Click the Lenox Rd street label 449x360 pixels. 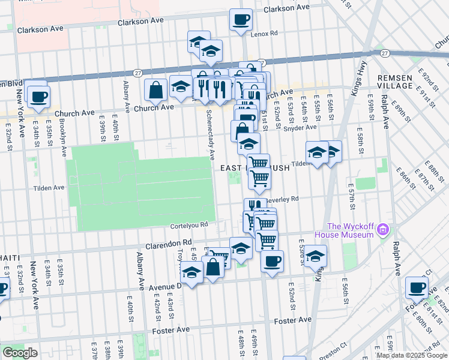265,34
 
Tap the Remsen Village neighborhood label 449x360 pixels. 395,82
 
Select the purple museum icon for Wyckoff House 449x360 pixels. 383,230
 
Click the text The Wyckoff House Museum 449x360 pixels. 345,230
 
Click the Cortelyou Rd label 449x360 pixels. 188,225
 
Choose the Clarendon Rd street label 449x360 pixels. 169,244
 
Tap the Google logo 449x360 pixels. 20,353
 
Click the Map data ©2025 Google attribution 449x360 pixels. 412,355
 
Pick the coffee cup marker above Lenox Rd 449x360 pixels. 241,20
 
